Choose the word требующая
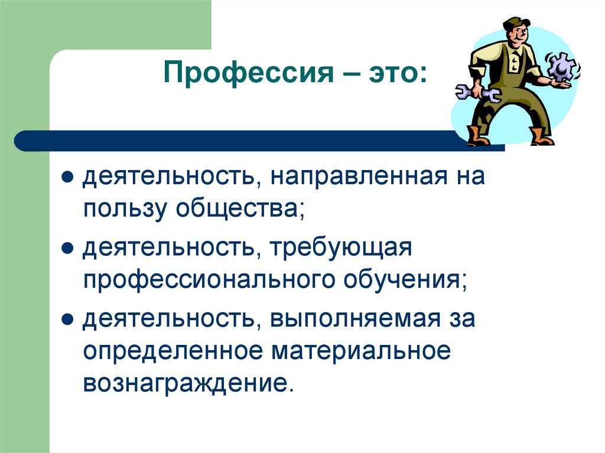(x=340, y=248)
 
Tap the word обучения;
(x=402, y=280)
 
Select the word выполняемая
(x=356, y=319)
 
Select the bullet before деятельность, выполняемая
(x=68, y=320)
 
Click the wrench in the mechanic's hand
(x=477, y=92)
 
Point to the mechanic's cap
(x=515, y=22)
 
